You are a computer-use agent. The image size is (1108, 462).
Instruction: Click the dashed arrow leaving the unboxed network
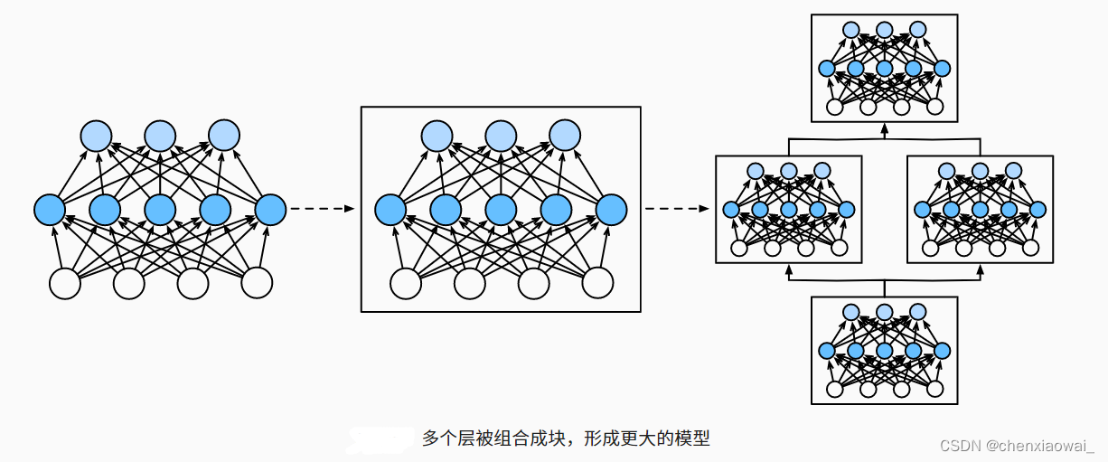pos(324,210)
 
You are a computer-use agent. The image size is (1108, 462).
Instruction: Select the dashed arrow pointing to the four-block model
pos(676,210)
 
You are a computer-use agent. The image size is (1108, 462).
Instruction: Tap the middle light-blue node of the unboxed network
pos(160,136)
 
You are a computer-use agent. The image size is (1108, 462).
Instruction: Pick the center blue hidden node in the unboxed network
pos(160,210)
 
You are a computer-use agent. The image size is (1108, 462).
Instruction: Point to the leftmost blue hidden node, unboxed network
pos(50,210)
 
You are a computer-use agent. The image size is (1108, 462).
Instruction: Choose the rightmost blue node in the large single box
pos(611,210)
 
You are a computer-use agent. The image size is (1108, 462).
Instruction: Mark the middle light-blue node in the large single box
pos(501,136)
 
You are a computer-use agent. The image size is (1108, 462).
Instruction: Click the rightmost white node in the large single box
pos(597,283)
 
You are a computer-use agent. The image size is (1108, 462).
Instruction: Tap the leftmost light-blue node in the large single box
pos(436,136)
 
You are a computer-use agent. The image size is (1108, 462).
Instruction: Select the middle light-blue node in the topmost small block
pos(884,30)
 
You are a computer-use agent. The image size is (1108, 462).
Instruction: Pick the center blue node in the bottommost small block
pos(884,351)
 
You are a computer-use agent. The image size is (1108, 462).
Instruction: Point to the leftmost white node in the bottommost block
pos(835,390)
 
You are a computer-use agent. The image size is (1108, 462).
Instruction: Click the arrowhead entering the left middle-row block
pos(789,269)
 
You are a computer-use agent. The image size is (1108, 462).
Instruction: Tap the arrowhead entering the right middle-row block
pos(980,269)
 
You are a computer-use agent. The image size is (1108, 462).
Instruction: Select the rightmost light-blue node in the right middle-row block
pos(1013,170)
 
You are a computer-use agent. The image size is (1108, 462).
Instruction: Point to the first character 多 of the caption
pos(430,438)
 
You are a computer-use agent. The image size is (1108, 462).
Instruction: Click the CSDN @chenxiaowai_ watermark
pos(1017,446)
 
